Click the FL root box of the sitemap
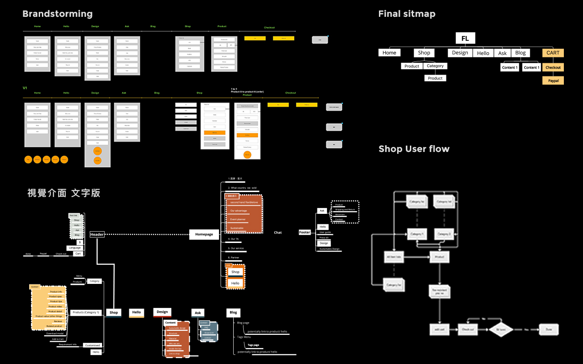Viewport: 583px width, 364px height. point(465,38)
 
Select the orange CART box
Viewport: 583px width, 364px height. point(553,53)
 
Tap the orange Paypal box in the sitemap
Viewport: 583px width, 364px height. point(553,81)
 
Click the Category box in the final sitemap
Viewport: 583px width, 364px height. point(435,66)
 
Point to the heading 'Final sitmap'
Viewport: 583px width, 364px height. point(407,14)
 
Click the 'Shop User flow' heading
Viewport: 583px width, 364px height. point(414,149)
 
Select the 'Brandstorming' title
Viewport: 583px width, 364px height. point(57,14)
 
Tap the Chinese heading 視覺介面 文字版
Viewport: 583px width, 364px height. point(64,193)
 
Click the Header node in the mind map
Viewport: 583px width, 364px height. point(97,234)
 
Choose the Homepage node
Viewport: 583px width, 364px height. point(204,234)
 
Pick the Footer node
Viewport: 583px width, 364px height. point(305,232)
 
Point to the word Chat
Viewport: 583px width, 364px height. point(278,233)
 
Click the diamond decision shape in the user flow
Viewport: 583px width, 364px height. point(501,329)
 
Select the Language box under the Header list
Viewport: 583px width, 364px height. point(74,248)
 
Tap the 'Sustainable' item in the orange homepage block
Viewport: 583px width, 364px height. point(237,228)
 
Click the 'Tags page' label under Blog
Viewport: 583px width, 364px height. point(253,345)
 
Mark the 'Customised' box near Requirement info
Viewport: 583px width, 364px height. point(92,345)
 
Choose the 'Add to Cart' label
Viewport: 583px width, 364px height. point(58,339)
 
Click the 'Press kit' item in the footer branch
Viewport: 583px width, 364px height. point(323,238)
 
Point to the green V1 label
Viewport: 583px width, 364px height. point(25,87)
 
